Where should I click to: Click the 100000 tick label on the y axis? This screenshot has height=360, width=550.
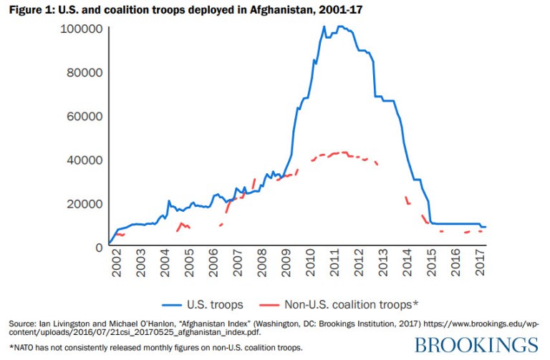pos(79,29)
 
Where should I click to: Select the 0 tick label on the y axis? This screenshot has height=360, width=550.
pos(98,247)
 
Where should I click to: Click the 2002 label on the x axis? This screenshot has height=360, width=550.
pos(117,265)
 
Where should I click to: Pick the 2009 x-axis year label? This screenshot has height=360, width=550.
pos(286,265)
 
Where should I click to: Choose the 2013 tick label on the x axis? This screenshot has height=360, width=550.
pos(383,265)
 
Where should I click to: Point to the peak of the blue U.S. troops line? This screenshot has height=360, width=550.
pos(324,26)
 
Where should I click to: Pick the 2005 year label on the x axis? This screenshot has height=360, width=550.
pos(189,265)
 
